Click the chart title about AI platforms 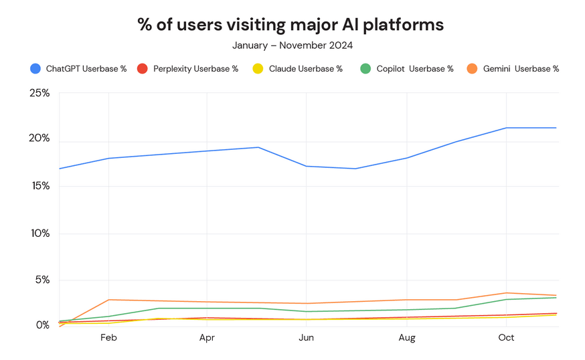290,25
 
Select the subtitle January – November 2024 292,46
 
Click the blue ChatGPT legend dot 35,69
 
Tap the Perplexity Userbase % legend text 196,69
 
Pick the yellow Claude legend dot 258,69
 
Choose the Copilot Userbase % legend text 415,69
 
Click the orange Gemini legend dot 472,69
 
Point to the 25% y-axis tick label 39,93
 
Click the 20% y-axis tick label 39,138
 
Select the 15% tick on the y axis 41,186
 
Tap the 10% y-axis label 40,234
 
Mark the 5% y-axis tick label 43,280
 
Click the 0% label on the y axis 43,325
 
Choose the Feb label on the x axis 108,338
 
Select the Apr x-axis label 207,338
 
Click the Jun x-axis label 307,338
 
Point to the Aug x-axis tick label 407,338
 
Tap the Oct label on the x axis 506,338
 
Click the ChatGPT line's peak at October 506,128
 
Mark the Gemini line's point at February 108,300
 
